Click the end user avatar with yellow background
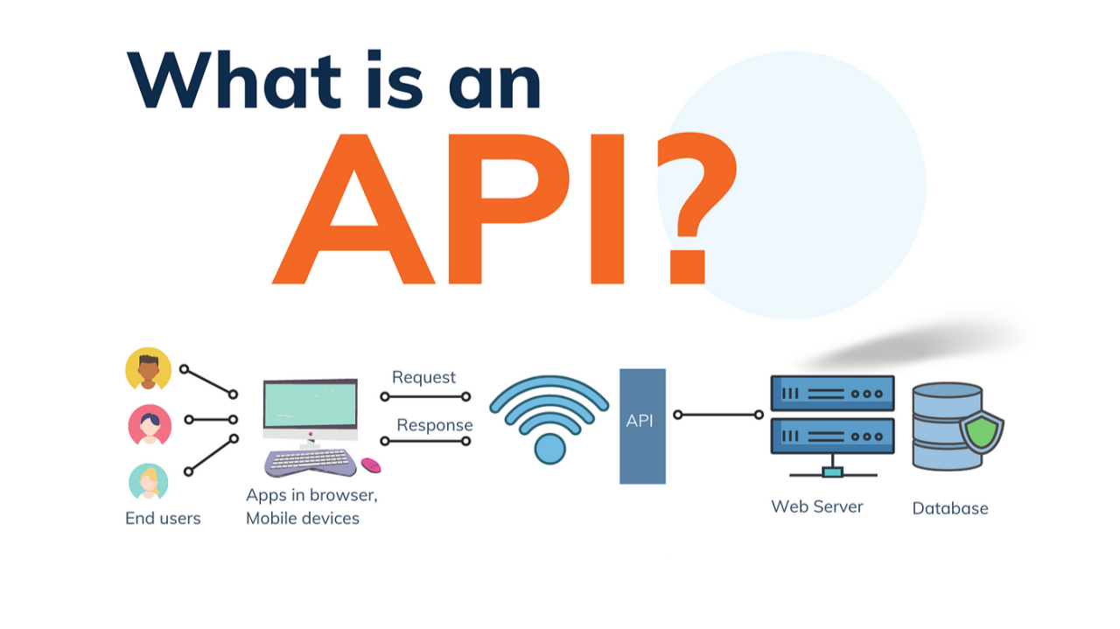point(149,368)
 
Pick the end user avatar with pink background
point(150,425)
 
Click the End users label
point(163,518)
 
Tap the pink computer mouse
point(370,465)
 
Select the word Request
point(423,377)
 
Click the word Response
point(435,425)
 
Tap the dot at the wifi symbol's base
point(550,448)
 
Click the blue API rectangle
point(642,426)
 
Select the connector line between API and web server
point(717,415)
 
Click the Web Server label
point(816,507)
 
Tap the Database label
point(950,508)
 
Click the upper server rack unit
point(832,394)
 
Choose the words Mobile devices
point(303,518)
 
